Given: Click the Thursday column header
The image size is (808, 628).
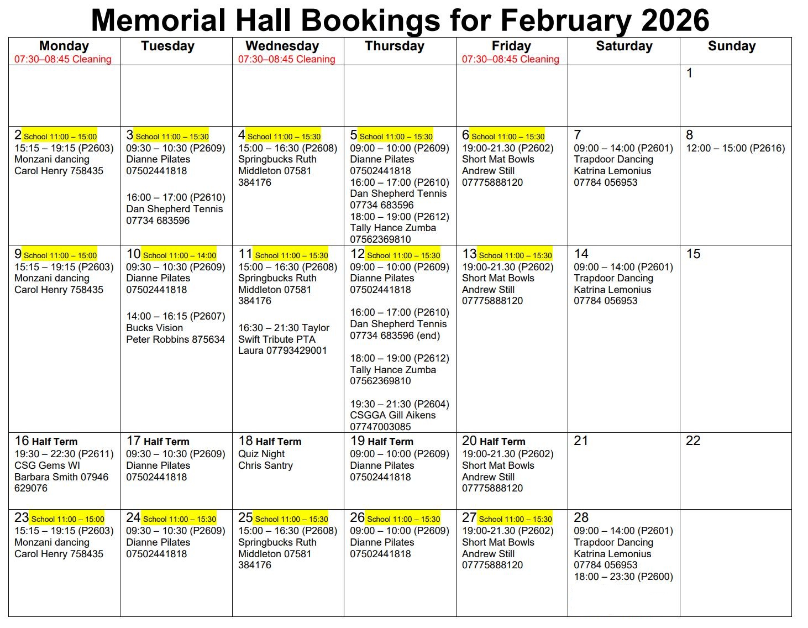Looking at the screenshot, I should pos(394,46).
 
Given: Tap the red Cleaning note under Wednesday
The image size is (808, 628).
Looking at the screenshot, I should pos(286,59).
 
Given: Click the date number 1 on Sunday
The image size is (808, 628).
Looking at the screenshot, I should pos(689,73).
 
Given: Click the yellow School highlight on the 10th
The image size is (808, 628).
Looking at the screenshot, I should pos(179,255).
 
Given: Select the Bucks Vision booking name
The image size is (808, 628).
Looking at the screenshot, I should pos(154,328).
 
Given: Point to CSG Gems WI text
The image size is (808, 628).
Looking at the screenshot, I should pos(47,465).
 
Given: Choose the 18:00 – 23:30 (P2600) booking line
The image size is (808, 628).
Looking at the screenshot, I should pos(623,577).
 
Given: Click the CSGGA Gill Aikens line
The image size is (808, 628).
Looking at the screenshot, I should pos(392,415).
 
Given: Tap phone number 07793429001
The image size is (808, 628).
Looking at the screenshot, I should pos(296,350).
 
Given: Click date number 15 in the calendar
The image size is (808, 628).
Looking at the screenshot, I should pos(693,254).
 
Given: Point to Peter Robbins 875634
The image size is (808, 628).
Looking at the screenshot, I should pos(175,339).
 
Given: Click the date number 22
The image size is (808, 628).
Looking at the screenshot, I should pos(693,441).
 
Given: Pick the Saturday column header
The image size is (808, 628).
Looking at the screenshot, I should pos(624,46).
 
